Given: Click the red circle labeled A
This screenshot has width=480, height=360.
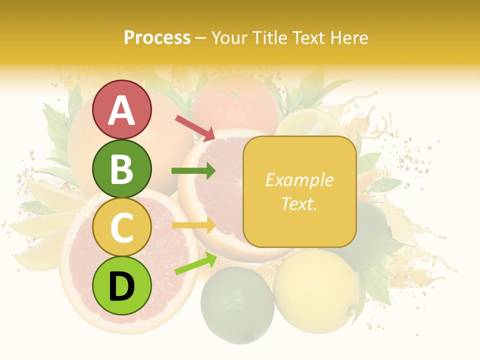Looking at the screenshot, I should point(121,109).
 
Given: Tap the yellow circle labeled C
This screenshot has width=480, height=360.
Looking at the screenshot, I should point(121,227).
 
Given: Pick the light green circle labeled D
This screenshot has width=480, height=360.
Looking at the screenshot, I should point(121,285).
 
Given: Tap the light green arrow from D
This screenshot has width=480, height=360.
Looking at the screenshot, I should point(195,264).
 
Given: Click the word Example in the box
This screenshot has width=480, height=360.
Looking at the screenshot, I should point(299,180).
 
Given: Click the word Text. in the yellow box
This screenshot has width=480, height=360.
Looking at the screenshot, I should point(299,203).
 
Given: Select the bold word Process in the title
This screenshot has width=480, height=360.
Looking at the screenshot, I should point(157,37).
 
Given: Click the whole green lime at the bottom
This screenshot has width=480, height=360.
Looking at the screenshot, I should point(237,305).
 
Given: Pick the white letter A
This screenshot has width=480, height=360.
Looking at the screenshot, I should point(121,110).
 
